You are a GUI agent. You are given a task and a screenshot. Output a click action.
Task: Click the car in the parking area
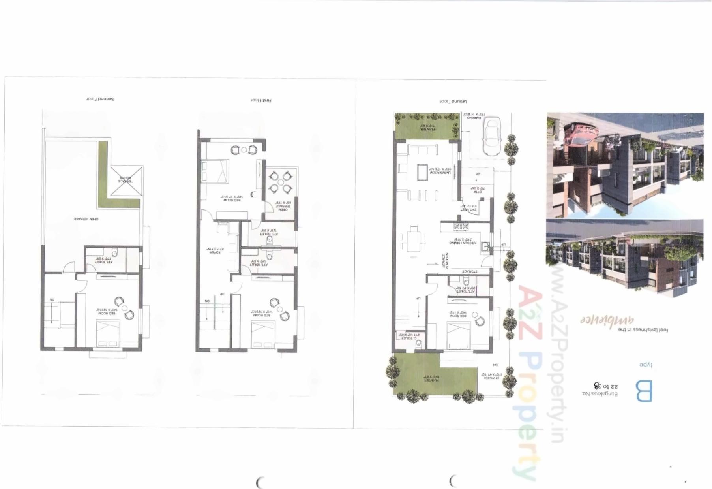492,137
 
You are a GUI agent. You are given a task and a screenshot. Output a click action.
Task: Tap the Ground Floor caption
453,102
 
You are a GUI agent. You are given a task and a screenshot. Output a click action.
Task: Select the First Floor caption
261,100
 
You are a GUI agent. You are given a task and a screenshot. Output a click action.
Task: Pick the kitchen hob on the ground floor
460,227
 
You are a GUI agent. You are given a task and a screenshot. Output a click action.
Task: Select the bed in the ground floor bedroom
459,336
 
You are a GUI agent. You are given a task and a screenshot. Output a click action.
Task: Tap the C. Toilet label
410,337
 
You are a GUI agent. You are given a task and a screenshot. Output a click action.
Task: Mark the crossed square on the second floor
126,181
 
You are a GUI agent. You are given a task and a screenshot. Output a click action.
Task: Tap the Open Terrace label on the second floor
86,219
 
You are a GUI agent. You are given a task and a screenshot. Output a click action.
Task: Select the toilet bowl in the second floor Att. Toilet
114,252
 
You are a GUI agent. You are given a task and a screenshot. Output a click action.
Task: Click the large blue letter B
644,391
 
